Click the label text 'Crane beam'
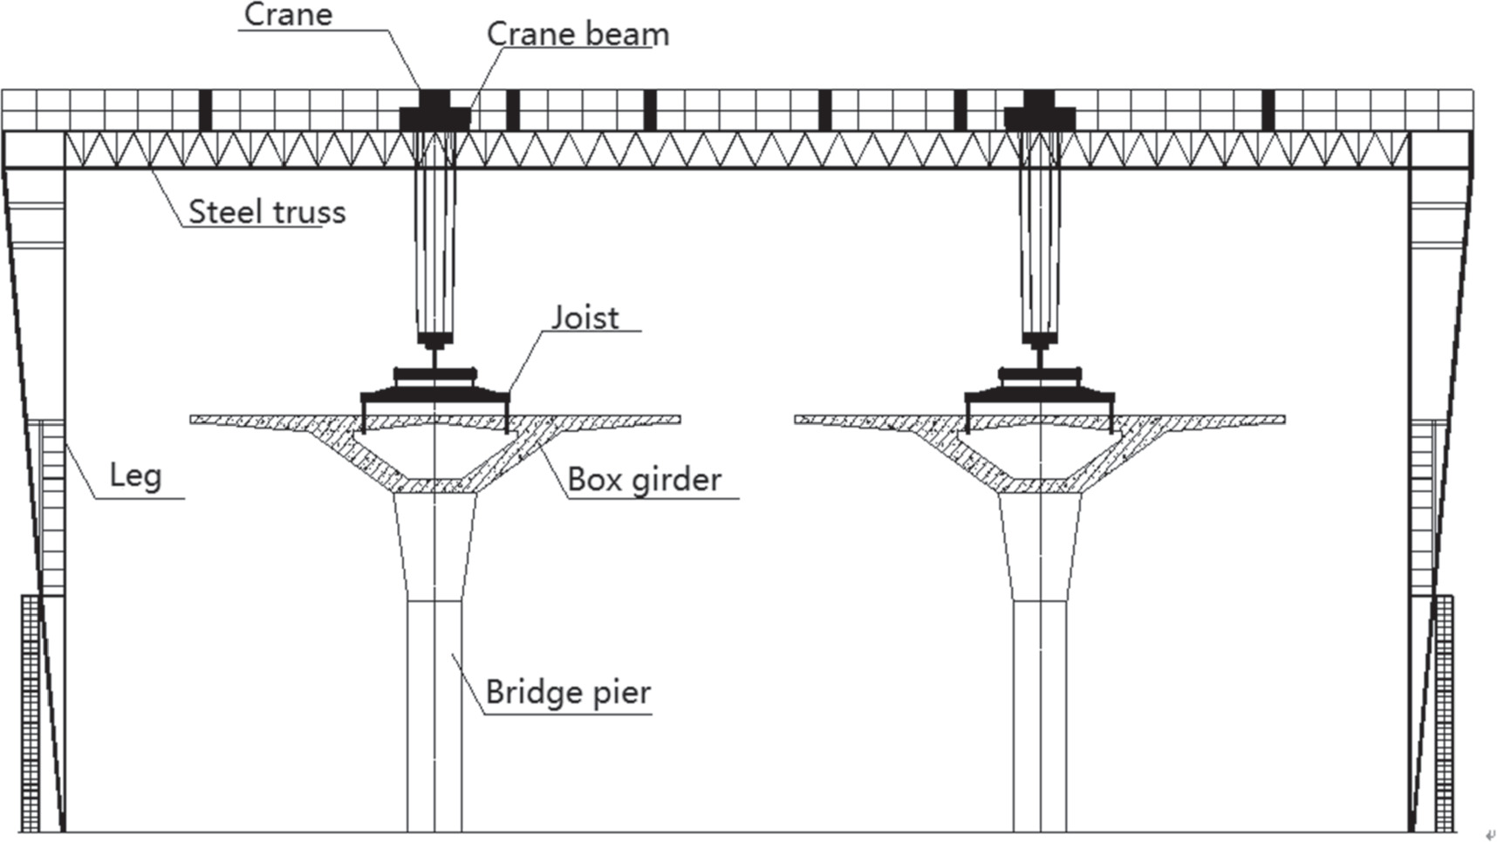coord(578,34)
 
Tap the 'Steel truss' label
coord(267,212)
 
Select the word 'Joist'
coord(585,318)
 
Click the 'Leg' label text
coord(135,476)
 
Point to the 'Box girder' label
coord(644,479)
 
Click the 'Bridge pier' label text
coord(568,692)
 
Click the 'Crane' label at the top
coord(288,14)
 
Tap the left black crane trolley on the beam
coord(434,112)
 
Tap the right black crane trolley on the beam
coord(1038,112)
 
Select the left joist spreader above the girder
coord(434,387)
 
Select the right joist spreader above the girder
coord(1039,387)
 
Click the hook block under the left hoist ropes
coord(434,339)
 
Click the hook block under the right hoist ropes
coord(1039,339)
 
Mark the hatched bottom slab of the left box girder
coord(434,485)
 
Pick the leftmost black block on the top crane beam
coord(205,110)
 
